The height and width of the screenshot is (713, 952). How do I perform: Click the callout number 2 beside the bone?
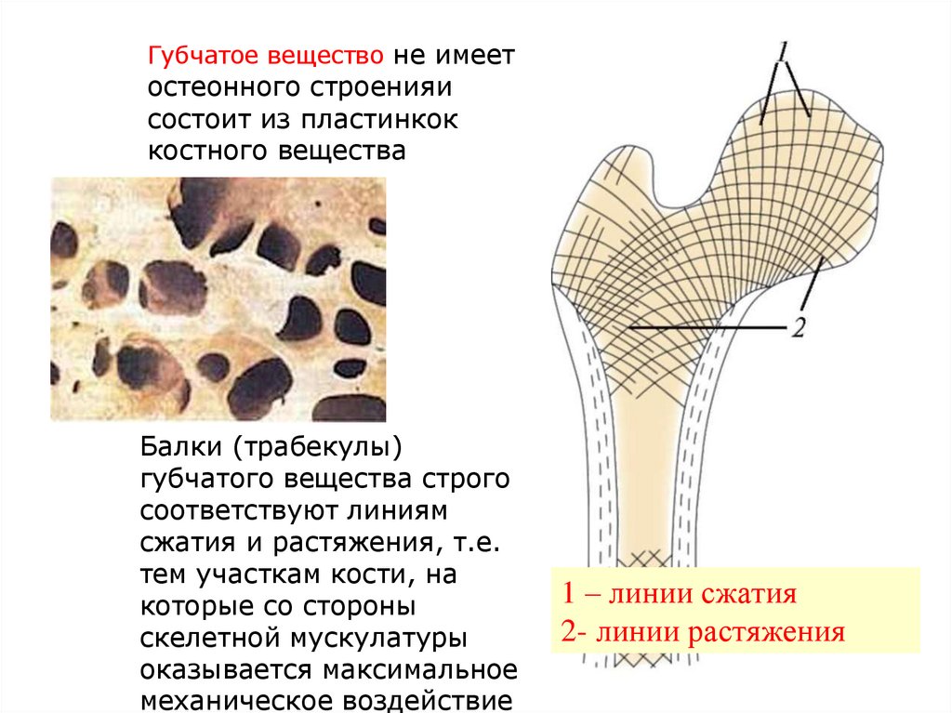point(797,328)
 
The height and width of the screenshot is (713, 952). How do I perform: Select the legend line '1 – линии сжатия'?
point(680,593)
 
